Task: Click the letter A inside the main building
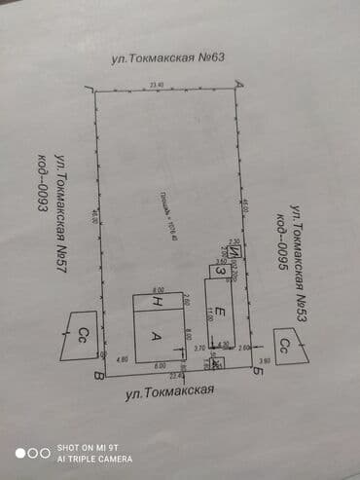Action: [x=156, y=336]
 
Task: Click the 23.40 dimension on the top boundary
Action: [x=156, y=86]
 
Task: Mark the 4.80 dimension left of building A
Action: [x=122, y=358]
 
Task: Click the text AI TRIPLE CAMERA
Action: [x=94, y=458]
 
